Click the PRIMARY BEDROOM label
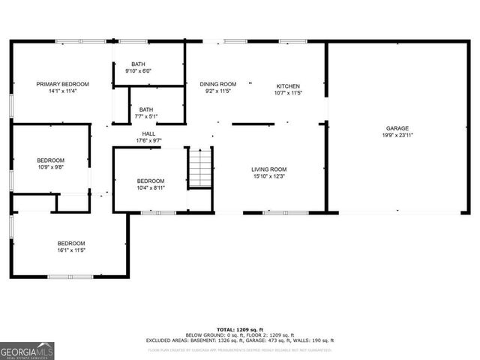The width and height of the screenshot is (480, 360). pos(63,84)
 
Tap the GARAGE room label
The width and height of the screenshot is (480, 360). pos(397,128)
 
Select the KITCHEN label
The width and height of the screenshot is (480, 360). pos(288,86)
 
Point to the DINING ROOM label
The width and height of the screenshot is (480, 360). pos(217,84)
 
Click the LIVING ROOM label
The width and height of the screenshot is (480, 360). pos(268,169)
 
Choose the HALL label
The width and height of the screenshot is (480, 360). pos(149,134)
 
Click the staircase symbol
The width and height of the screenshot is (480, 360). pos(200,169)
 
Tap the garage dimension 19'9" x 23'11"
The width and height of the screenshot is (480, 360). pos(397,136)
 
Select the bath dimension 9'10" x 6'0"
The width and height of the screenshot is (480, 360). pos(138,71)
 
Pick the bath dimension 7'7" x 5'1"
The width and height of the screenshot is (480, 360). pos(145,116)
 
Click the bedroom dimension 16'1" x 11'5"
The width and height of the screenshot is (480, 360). pos(71,250)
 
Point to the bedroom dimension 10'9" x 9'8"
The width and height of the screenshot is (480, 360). pos(51,167)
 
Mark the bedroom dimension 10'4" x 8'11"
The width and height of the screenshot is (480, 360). pos(150,188)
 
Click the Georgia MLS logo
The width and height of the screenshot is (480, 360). pos(27,351)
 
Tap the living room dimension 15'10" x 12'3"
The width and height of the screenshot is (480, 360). pos(268,176)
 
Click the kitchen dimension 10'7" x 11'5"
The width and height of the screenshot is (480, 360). pos(288,94)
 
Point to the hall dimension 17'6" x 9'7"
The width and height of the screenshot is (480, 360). pos(149,141)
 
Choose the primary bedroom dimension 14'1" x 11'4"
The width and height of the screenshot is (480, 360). pos(63,91)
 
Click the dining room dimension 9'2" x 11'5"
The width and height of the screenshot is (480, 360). pos(217,91)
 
